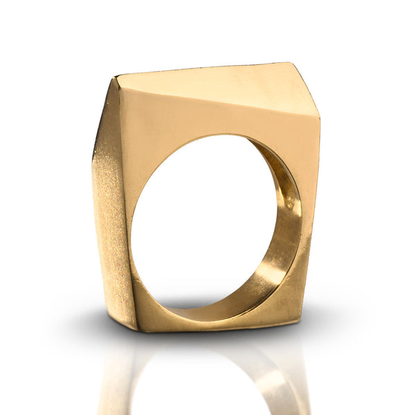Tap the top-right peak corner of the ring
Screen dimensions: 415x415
coord(291,63)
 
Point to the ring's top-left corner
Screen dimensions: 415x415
coord(116,77)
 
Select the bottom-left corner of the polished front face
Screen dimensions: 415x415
coord(137,329)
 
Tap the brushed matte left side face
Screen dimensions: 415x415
coord(111,207)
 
